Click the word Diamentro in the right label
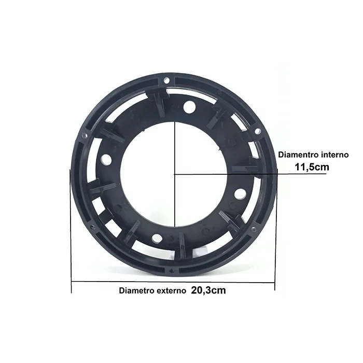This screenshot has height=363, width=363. pyautogui.click(x=298, y=155)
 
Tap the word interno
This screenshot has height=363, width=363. pyautogui.click(x=335, y=155)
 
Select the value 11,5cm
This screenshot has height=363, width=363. pyautogui.click(x=312, y=167)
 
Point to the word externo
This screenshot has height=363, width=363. pyautogui.click(x=171, y=291)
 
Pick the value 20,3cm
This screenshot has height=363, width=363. pyautogui.click(x=208, y=290)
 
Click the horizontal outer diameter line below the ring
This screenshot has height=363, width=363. pyautogui.click(x=173, y=282)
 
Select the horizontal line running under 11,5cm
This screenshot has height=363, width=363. pyautogui.click(x=250, y=174)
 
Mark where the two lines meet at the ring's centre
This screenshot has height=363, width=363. pyautogui.click(x=175, y=174)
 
